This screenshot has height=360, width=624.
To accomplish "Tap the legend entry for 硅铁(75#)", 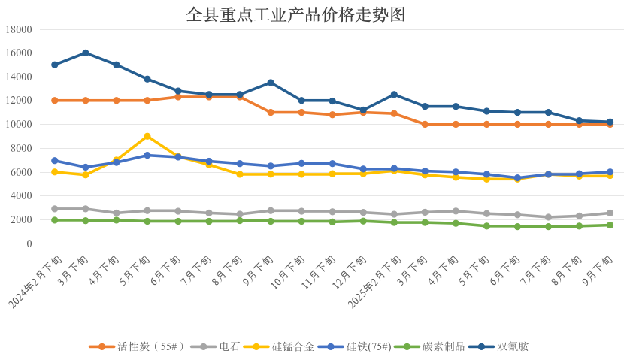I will coord(368,346).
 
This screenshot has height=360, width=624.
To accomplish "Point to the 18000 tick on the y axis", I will coord(17,29).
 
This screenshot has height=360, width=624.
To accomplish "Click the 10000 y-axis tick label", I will coord(17,125).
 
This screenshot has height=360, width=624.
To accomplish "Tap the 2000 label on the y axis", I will coord(20,220).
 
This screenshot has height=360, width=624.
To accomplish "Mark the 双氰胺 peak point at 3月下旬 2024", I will coord(86,53).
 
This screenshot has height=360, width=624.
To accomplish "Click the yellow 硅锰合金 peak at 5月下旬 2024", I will coord(147,136).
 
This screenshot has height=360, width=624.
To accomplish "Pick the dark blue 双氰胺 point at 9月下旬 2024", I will coord(271,83).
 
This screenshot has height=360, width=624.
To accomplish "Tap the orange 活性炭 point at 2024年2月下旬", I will coord(55,101).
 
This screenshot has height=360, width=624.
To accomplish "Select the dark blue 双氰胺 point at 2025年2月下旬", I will coord(394,95).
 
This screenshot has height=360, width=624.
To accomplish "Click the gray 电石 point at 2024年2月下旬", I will coord(55,209).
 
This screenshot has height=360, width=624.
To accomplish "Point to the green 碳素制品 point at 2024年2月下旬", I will coord(55,220).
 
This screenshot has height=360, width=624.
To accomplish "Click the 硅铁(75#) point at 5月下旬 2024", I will coord(147,156).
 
